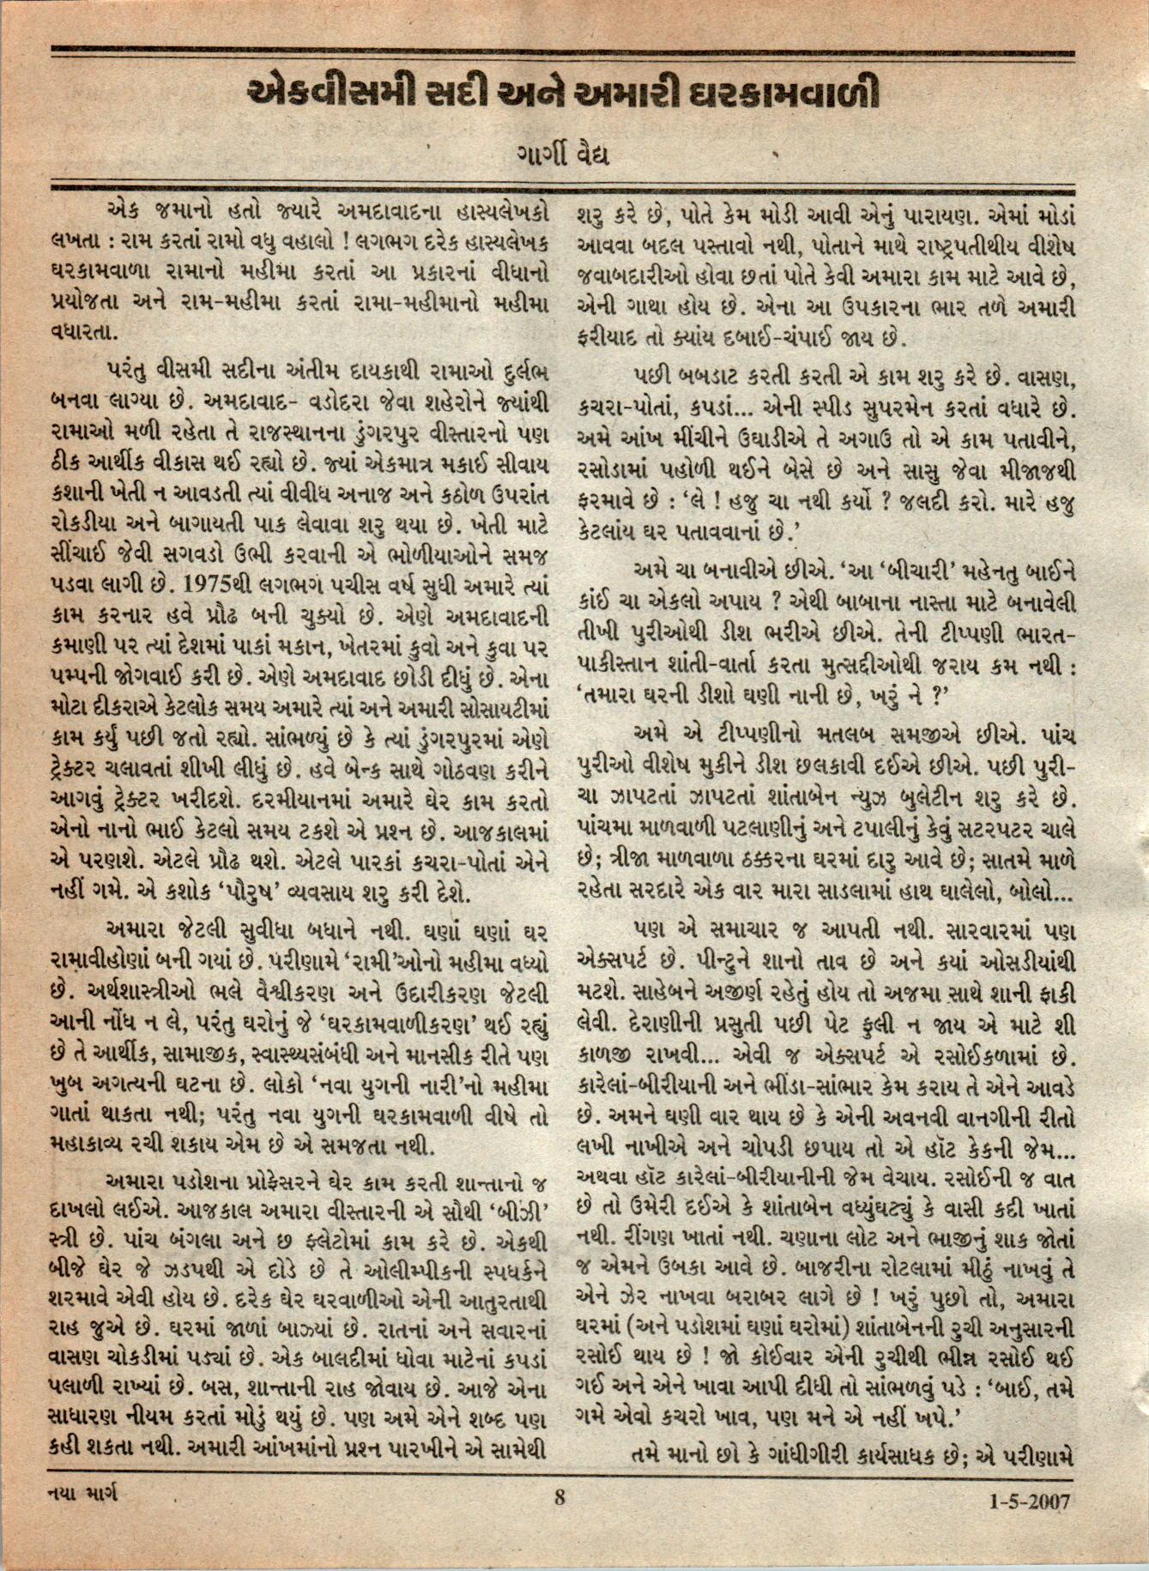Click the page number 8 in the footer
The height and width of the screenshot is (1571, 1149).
click(x=560, y=1523)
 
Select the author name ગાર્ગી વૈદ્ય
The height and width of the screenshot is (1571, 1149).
click(x=561, y=157)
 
